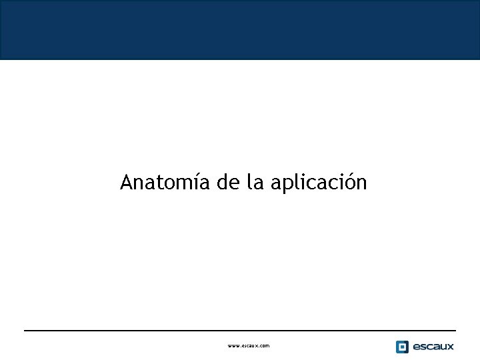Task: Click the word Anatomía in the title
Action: (x=165, y=182)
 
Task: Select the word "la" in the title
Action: (x=255, y=182)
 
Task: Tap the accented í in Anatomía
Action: (x=196, y=181)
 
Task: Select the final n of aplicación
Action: (x=361, y=183)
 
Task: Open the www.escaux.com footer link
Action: (x=249, y=346)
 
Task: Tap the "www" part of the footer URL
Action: (x=233, y=346)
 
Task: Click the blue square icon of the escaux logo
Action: (x=402, y=347)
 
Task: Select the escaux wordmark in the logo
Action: (x=433, y=347)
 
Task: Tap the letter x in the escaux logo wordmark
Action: (x=450, y=347)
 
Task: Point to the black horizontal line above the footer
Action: (x=240, y=330)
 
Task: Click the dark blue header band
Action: (x=240, y=30)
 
